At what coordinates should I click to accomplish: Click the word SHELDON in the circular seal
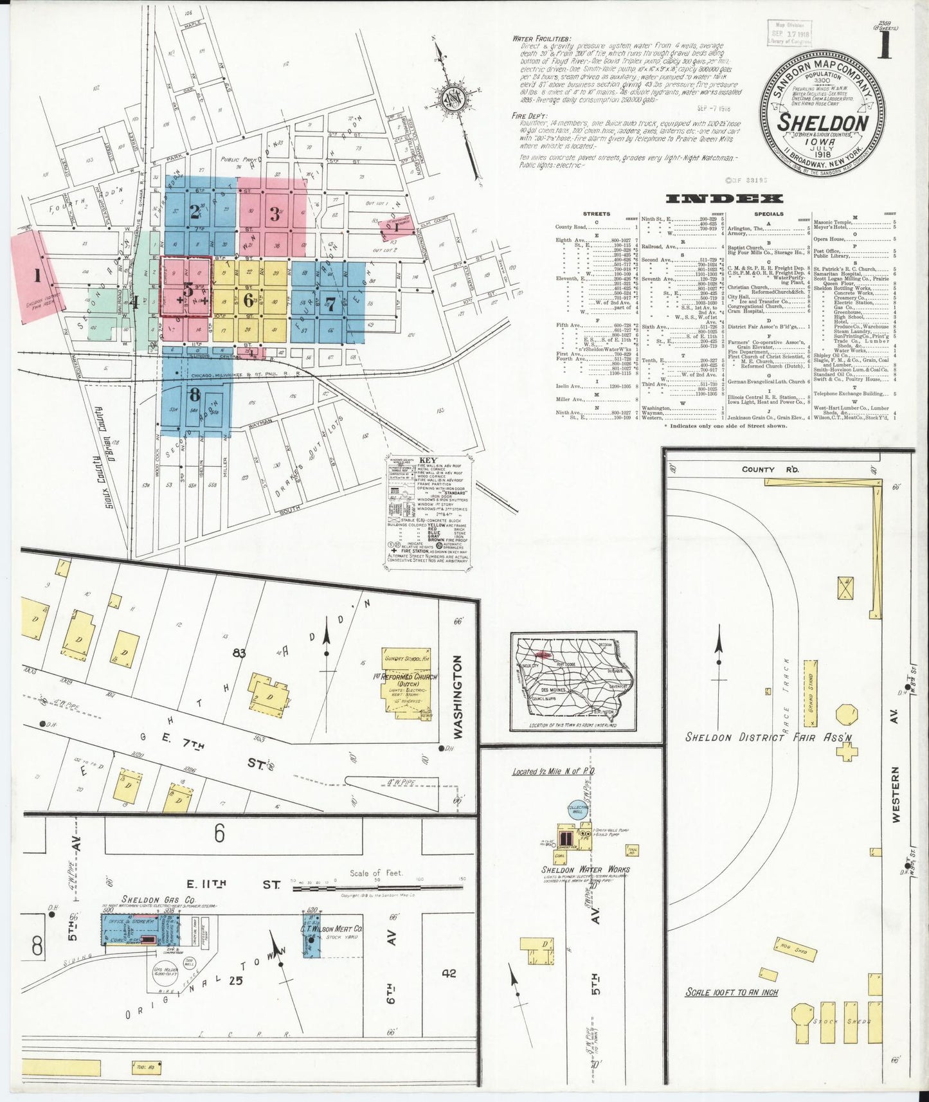click(x=823, y=122)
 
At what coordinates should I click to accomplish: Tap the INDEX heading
click(x=725, y=199)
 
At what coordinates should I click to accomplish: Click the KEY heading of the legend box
click(x=428, y=461)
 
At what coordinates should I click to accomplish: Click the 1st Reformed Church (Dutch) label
click(x=405, y=680)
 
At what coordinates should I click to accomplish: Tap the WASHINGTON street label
click(x=458, y=697)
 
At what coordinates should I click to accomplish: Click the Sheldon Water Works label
click(x=585, y=869)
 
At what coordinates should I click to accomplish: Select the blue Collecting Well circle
click(x=577, y=809)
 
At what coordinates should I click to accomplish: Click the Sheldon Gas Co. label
click(x=149, y=899)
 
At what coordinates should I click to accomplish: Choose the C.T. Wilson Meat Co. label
click(x=331, y=929)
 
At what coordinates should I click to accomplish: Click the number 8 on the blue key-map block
click(x=194, y=393)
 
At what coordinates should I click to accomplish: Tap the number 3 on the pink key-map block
click(x=275, y=214)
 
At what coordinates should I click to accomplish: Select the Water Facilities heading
click(x=541, y=39)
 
